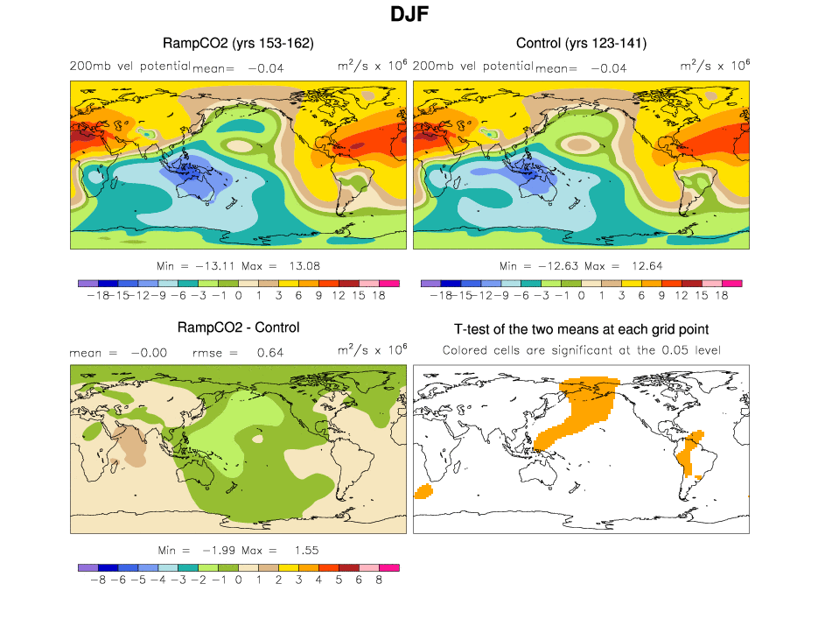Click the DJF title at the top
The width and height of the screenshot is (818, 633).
[x=409, y=15]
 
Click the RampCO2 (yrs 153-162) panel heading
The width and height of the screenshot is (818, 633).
[x=238, y=43]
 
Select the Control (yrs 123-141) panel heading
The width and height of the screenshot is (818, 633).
[x=581, y=43]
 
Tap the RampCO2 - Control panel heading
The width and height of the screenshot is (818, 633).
[x=238, y=327]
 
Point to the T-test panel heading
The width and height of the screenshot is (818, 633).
[x=581, y=329]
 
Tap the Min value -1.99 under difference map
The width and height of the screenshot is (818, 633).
[x=216, y=550]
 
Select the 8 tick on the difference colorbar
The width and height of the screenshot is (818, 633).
[x=379, y=580]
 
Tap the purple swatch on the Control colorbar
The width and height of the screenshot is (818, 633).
[x=430, y=283]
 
